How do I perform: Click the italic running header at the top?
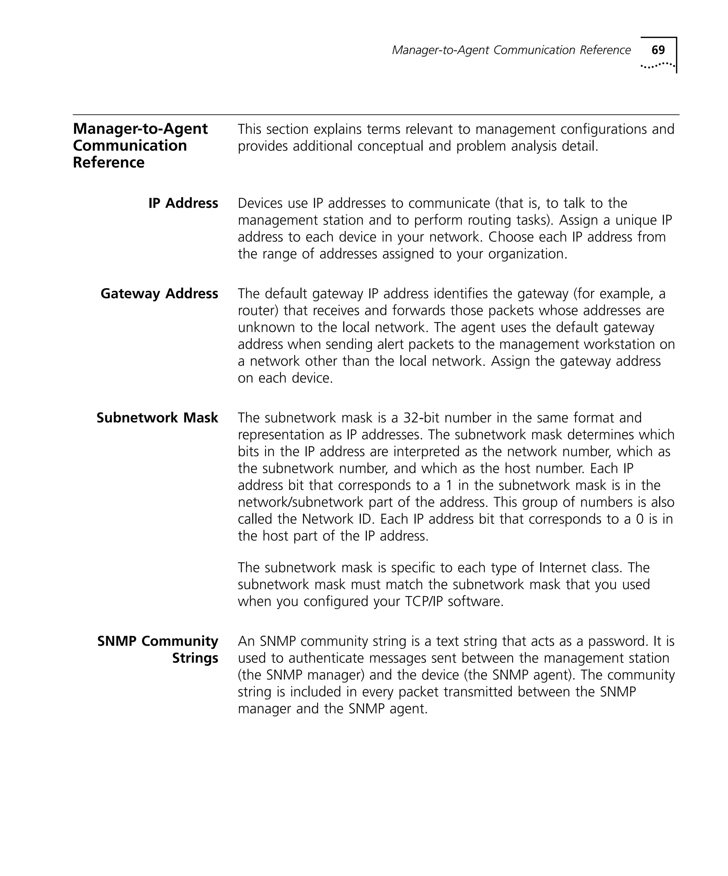(x=511, y=51)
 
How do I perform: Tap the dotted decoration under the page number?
(x=657, y=65)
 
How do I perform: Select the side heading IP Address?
(x=183, y=203)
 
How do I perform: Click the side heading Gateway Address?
(x=159, y=294)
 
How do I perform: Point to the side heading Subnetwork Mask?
(x=157, y=418)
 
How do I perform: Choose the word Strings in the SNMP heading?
(x=195, y=658)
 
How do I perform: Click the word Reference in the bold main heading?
(x=108, y=162)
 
